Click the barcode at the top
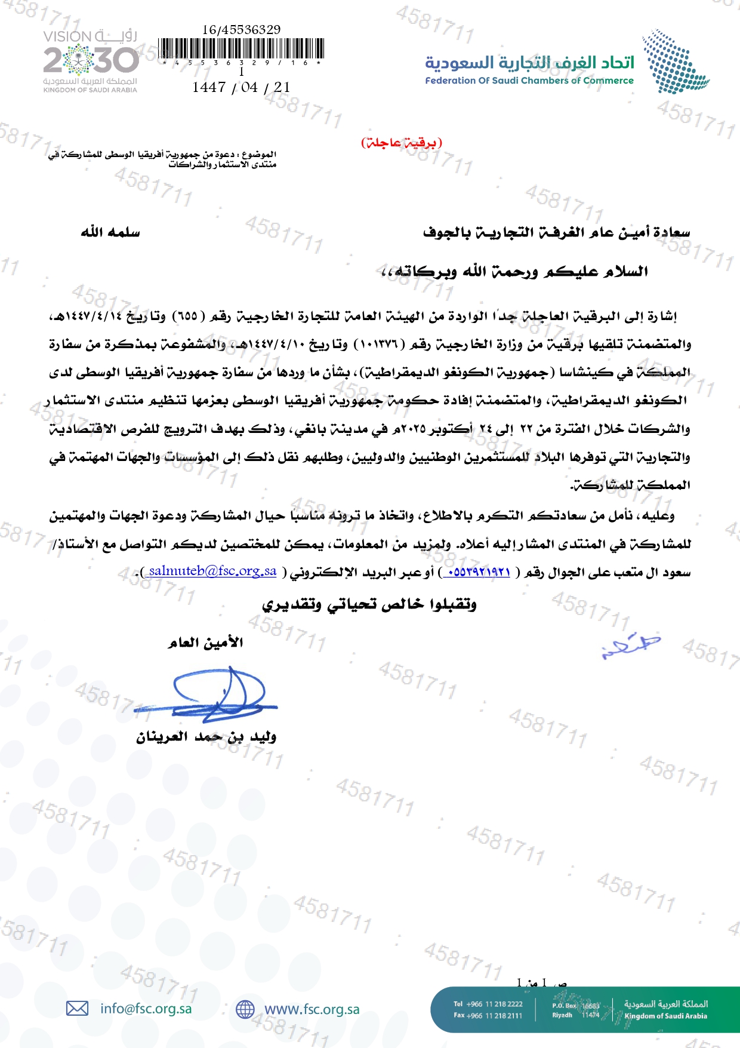tap(242, 49)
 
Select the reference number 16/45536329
tap(241, 30)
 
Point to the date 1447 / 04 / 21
tap(241, 87)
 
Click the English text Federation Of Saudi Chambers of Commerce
tap(529, 81)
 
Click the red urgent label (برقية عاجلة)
tap(402, 143)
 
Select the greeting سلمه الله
tap(110, 232)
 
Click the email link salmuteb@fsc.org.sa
tap(212, 571)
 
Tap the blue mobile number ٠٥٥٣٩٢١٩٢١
tap(478, 572)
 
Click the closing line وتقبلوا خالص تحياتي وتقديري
tap(369, 604)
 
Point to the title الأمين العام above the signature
tap(206, 643)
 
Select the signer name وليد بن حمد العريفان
tap(206, 737)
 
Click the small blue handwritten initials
tap(630, 646)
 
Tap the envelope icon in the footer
tap(77, 1009)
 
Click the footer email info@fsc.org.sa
tap(146, 1009)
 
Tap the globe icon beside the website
tap(245, 1009)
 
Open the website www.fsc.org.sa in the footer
tap(312, 1009)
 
